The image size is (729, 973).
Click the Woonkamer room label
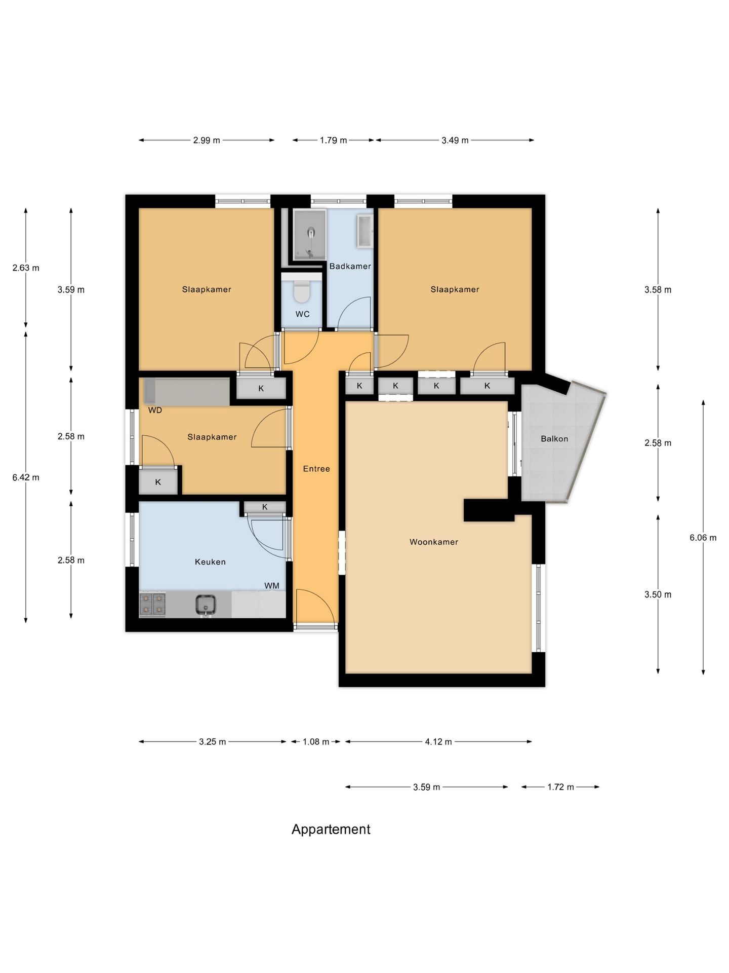[x=433, y=542]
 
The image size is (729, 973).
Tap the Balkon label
[x=554, y=439]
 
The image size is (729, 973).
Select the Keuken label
[x=210, y=562]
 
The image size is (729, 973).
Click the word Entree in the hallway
[x=316, y=469]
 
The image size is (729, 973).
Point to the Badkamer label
[x=350, y=266]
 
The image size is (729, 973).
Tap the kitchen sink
[x=206, y=605]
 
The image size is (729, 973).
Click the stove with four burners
[x=152, y=605]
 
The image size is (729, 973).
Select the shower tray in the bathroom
[x=309, y=235]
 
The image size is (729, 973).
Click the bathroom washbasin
[x=366, y=231]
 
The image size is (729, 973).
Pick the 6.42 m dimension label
[x=26, y=477]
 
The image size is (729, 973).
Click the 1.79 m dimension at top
[x=333, y=140]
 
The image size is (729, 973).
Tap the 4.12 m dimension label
[x=438, y=742]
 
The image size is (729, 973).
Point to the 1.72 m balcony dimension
[x=560, y=787]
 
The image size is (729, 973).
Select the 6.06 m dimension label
[x=703, y=538]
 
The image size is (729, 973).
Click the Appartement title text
[x=331, y=830]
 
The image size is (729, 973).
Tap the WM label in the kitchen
[x=272, y=586]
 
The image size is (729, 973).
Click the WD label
[x=155, y=410]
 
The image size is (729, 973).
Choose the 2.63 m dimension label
[x=26, y=268]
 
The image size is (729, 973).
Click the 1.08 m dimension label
[x=316, y=742]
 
